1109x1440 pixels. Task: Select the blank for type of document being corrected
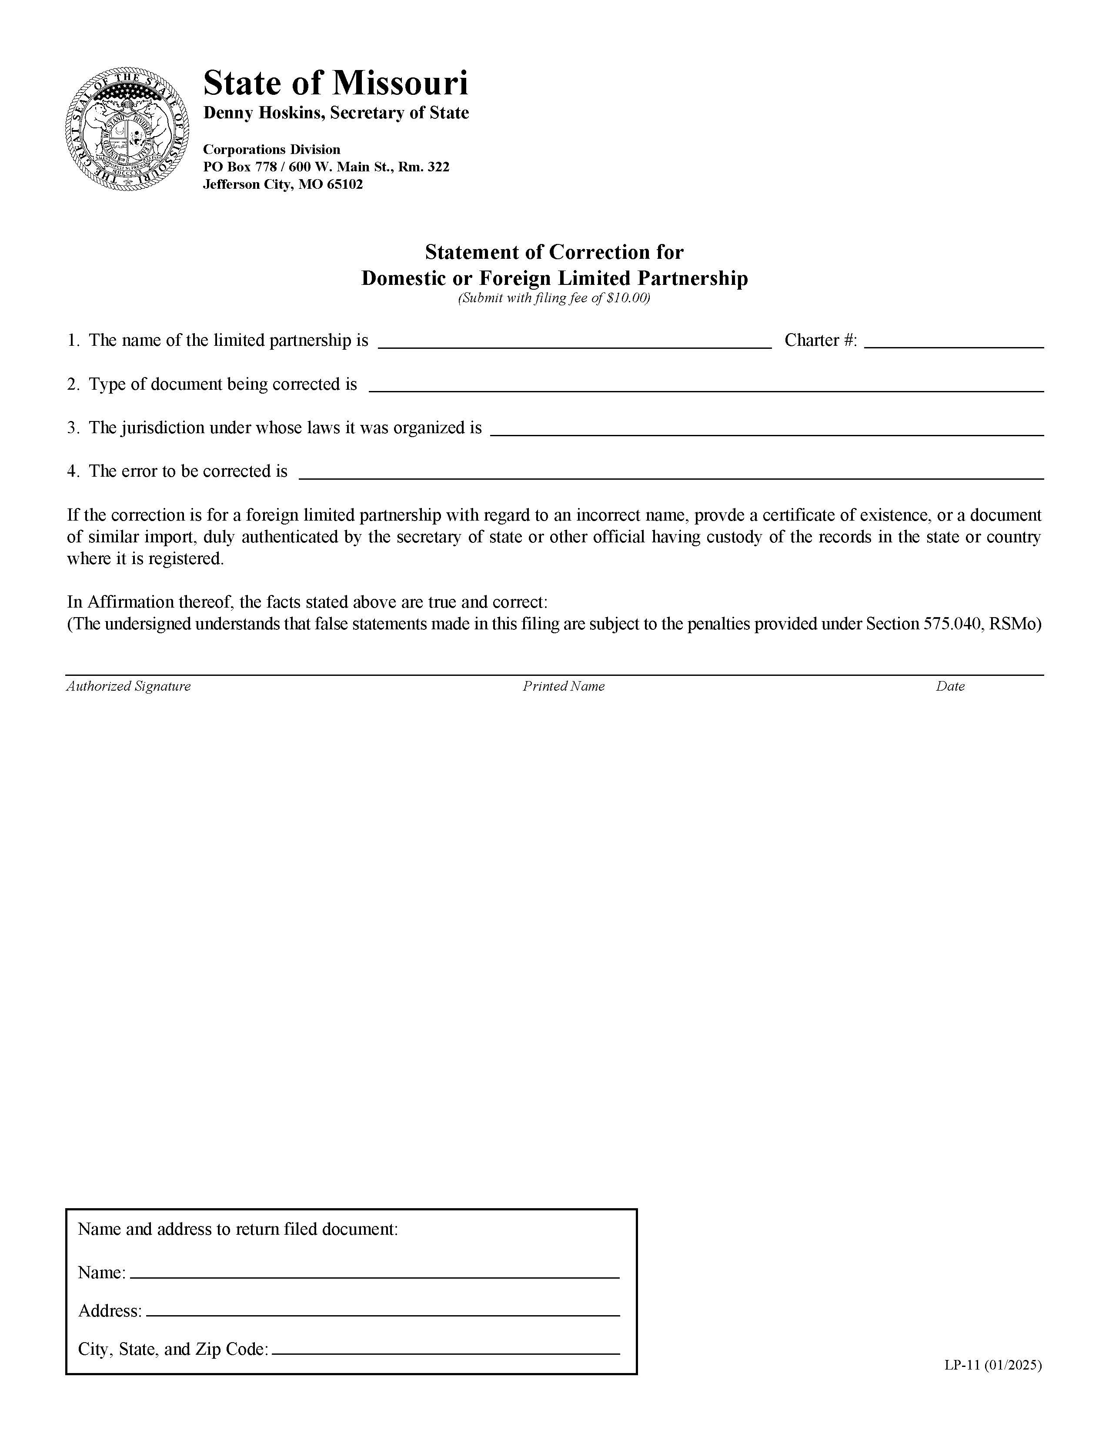tap(705, 384)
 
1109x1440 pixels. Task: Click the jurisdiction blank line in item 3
tap(767, 428)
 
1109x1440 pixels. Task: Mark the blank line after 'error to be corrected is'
tap(671, 471)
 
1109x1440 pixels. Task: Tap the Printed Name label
tap(563, 686)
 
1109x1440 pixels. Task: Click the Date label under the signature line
tap(949, 686)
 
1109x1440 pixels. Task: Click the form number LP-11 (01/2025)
tap(992, 1366)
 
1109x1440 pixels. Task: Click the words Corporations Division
tap(271, 150)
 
